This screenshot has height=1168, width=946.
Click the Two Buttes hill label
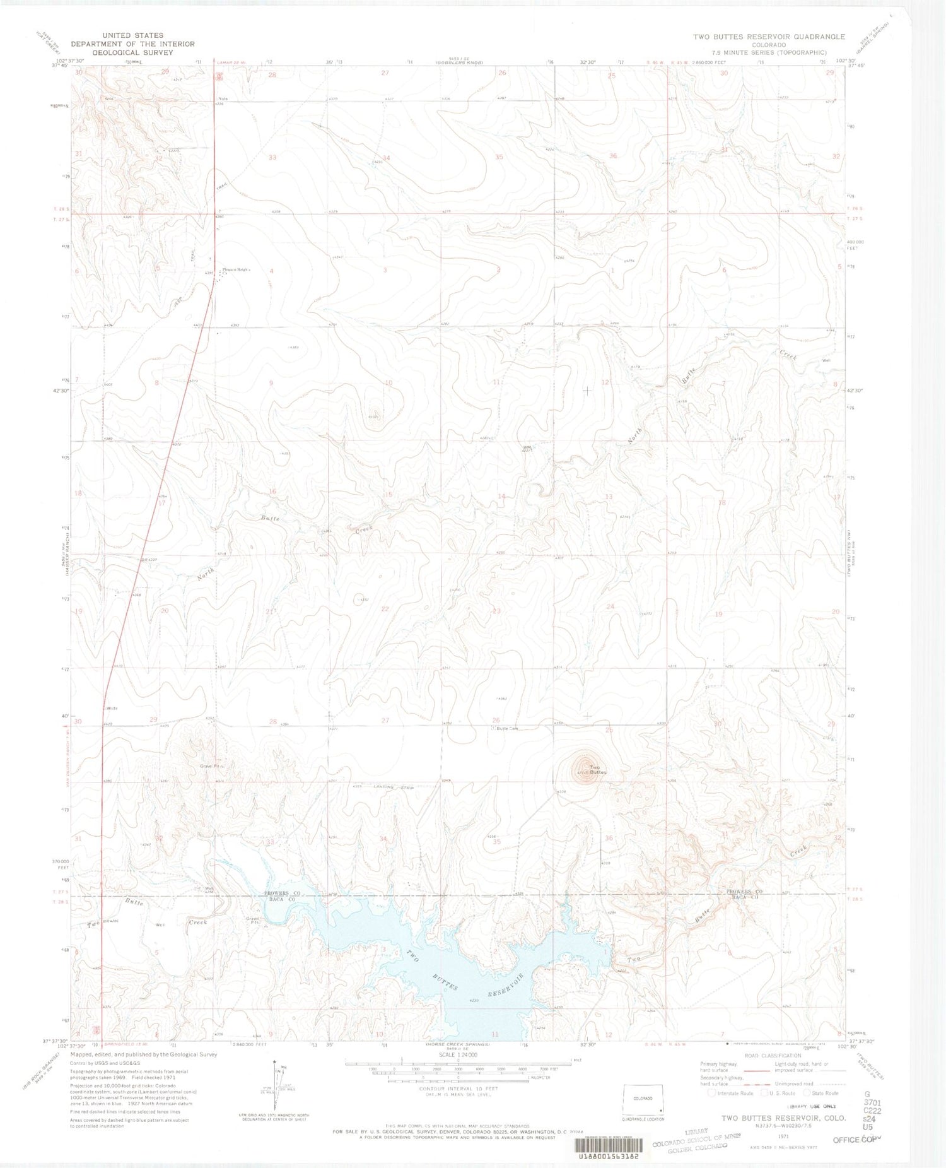597,770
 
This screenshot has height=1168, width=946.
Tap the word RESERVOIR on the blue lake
500,990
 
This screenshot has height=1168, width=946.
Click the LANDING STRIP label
392,787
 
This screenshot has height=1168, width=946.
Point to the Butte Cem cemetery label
506,728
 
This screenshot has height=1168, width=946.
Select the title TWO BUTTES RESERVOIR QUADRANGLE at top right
769,37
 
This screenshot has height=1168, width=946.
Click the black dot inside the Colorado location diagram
660,1110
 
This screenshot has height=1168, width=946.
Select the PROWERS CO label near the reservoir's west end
282,894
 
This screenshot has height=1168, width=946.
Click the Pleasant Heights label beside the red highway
235,270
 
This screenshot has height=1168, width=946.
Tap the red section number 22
385,608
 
